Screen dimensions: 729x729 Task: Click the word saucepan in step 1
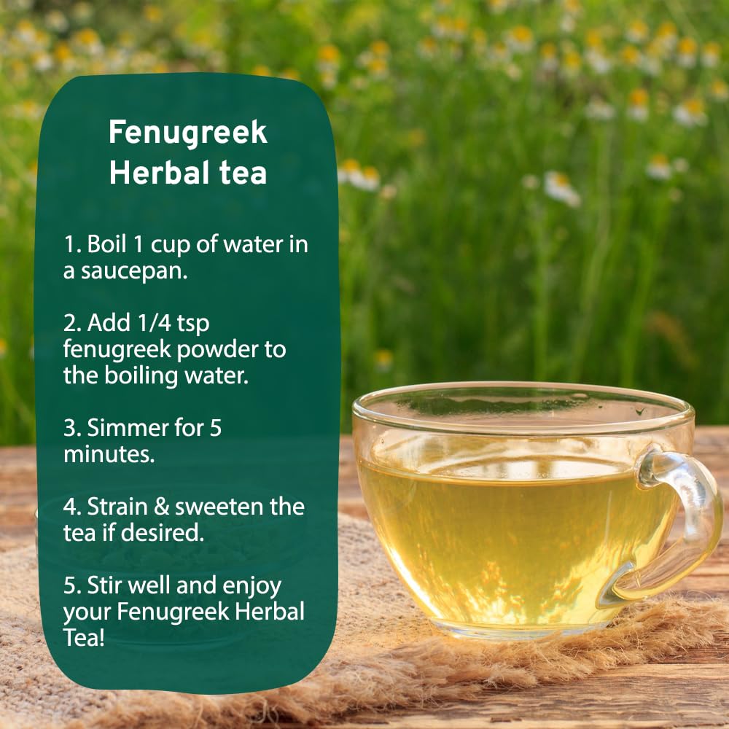click(x=134, y=272)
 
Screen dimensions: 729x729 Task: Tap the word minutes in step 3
click(x=109, y=455)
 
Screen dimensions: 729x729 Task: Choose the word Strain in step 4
click(x=117, y=507)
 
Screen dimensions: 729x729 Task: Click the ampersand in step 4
click(x=161, y=507)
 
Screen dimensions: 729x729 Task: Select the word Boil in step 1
click(x=106, y=244)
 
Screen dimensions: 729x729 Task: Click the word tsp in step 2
click(x=193, y=324)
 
